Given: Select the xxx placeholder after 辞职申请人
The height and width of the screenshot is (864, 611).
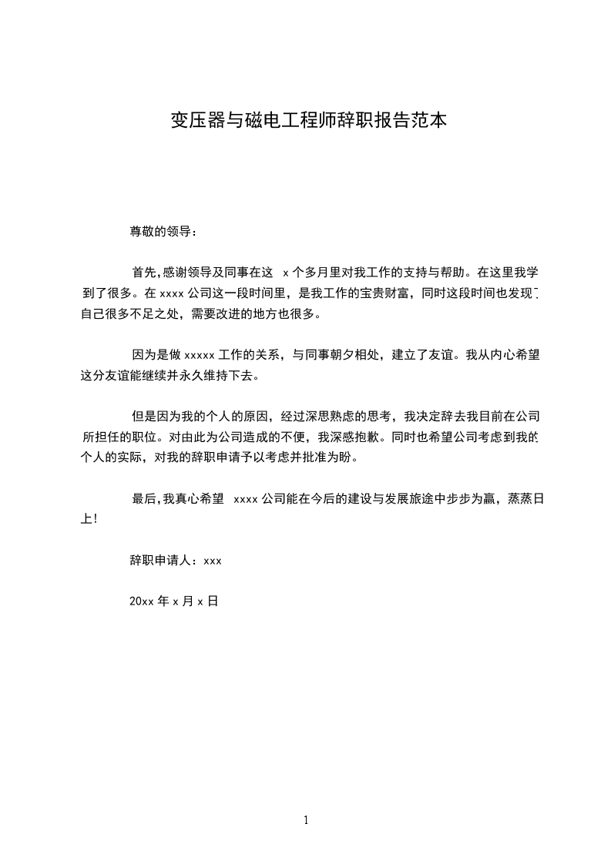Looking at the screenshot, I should click(x=213, y=561).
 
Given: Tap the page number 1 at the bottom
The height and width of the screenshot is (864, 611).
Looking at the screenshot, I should click(x=306, y=821).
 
